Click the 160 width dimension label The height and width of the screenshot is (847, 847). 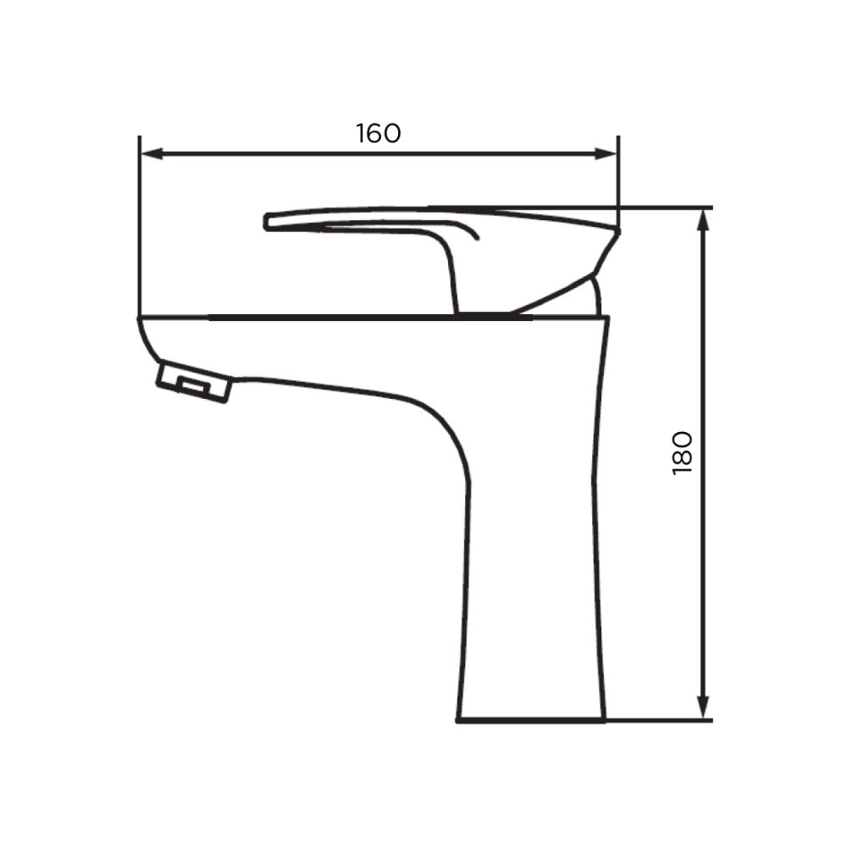[x=378, y=134]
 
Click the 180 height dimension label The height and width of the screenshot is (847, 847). [x=682, y=453]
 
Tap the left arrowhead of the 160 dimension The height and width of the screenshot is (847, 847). [x=152, y=154]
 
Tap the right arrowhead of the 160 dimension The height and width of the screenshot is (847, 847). [x=606, y=154]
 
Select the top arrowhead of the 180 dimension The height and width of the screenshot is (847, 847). [x=703, y=220]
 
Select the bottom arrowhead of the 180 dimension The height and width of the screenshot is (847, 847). [x=703, y=707]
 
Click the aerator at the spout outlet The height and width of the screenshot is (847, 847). [x=194, y=382]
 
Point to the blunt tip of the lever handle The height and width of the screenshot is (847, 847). [x=266, y=221]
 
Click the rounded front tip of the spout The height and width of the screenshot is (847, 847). [x=146, y=338]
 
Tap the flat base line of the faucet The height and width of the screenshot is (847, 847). [x=531, y=720]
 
